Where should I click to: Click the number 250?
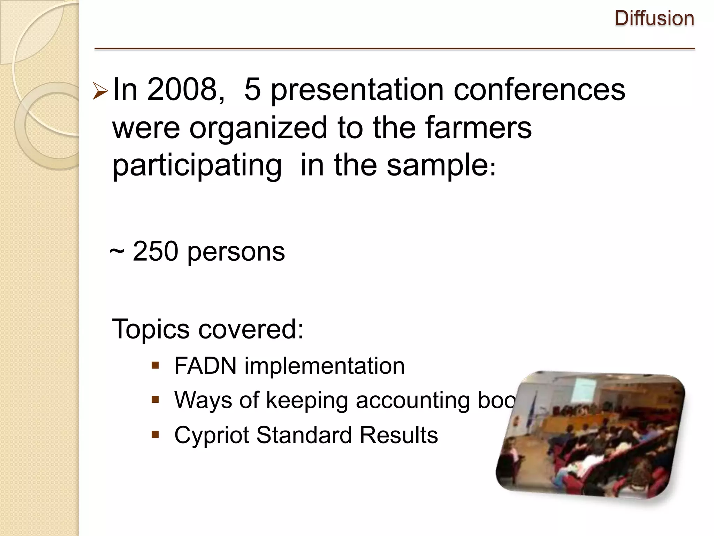(x=155, y=251)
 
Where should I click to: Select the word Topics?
(x=151, y=329)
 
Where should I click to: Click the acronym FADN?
(x=205, y=366)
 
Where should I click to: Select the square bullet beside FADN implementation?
(x=155, y=366)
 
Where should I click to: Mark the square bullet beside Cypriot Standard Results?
(x=155, y=435)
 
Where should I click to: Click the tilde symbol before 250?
(x=117, y=252)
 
